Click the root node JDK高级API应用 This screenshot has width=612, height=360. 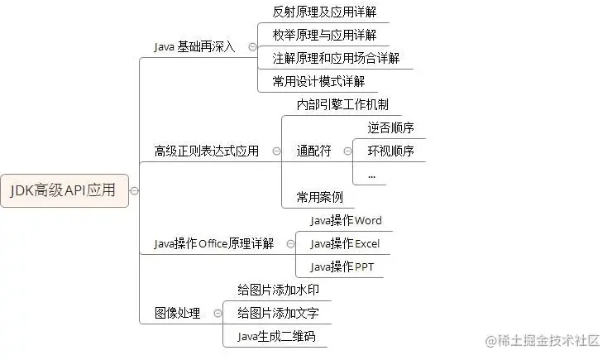tap(64, 190)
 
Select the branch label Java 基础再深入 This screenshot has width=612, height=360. tap(194, 46)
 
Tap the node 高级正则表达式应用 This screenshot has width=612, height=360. tap(206, 151)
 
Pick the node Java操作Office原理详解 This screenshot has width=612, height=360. tap(214, 243)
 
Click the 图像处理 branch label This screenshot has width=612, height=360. tap(177, 314)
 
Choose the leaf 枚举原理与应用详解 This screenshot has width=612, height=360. tap(323, 35)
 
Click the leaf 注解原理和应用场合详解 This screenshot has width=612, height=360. tap(336, 58)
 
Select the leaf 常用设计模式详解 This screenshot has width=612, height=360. tap(318, 81)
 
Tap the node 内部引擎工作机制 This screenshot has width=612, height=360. tap(342, 105)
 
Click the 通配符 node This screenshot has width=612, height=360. tap(313, 151)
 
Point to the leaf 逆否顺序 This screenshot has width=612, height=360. tap(390, 127)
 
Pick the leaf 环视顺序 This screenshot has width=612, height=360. tap(390, 151)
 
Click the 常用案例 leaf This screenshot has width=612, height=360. tap(319, 197)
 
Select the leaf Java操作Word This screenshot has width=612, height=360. tap(346, 220)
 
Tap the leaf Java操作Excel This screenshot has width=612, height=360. tap(345, 243)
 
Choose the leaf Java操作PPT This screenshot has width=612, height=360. tap(342, 266)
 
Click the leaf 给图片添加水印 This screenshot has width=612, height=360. tap(278, 290)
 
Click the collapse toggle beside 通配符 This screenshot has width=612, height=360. tap(347, 151)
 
